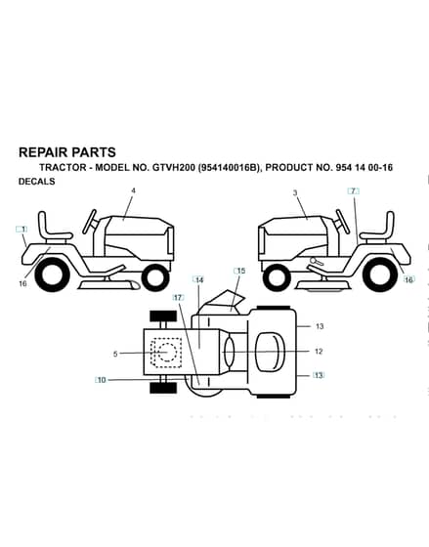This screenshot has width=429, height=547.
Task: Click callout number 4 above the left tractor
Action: (133, 190)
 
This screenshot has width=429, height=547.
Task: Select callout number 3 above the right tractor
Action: (295, 192)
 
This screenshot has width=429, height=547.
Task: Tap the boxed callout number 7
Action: (353, 191)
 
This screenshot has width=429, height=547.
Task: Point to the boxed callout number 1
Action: (22, 230)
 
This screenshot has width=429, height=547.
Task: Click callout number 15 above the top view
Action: (239, 271)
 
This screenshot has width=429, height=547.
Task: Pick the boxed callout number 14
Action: (198, 279)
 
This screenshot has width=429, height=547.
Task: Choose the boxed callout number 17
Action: (178, 298)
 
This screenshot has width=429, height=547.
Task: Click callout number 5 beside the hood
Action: (115, 354)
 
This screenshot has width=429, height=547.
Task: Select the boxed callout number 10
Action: (101, 380)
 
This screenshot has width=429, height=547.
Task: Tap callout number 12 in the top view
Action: (319, 352)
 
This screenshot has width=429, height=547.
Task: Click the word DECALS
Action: (37, 182)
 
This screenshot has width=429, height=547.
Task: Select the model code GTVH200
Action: (174, 168)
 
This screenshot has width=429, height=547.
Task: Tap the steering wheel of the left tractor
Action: (89, 222)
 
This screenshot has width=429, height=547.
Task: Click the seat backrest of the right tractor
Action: (390, 224)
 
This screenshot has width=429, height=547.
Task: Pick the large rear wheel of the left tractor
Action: (52, 275)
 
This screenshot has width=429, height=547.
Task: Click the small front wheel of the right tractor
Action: (278, 277)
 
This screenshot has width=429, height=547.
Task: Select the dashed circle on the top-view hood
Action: (167, 352)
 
